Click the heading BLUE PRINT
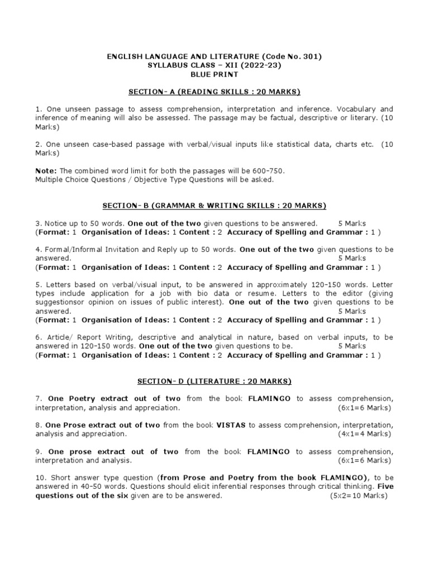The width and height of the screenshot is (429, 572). (214, 74)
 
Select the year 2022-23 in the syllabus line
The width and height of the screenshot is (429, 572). (265, 65)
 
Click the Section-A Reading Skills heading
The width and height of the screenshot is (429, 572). (214, 91)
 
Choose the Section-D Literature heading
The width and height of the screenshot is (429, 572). (214, 381)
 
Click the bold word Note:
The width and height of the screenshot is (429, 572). (46, 170)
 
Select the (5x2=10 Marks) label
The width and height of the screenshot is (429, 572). (360, 495)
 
